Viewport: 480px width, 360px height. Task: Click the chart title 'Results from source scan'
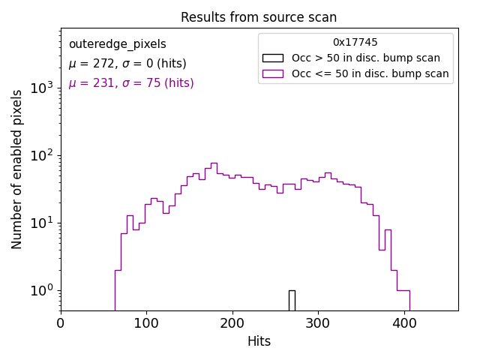(259, 17)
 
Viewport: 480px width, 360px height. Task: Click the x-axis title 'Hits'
(259, 341)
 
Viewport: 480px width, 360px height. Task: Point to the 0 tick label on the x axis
(61, 323)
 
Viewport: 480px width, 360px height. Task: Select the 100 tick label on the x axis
(146, 323)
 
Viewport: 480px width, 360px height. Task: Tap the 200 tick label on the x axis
(232, 323)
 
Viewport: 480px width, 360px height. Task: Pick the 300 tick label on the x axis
(318, 323)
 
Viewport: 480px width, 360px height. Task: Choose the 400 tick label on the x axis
(404, 323)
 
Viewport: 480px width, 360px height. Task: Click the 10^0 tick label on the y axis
(41, 290)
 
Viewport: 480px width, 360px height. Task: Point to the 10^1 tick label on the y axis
(41, 223)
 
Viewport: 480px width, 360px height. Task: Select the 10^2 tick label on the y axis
(41, 155)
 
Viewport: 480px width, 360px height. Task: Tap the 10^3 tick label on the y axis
(41, 88)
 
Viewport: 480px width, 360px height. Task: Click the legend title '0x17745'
(355, 43)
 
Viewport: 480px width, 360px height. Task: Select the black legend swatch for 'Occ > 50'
(273, 58)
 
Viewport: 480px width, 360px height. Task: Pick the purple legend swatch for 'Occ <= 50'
(273, 73)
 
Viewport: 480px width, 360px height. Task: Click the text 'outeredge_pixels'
(117, 44)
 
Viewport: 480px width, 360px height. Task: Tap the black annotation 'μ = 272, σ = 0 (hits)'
(127, 64)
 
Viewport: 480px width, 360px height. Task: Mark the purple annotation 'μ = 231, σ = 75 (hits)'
(131, 83)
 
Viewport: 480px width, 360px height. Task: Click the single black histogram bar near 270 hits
(292, 300)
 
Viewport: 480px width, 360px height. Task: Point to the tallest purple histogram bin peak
(214, 163)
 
